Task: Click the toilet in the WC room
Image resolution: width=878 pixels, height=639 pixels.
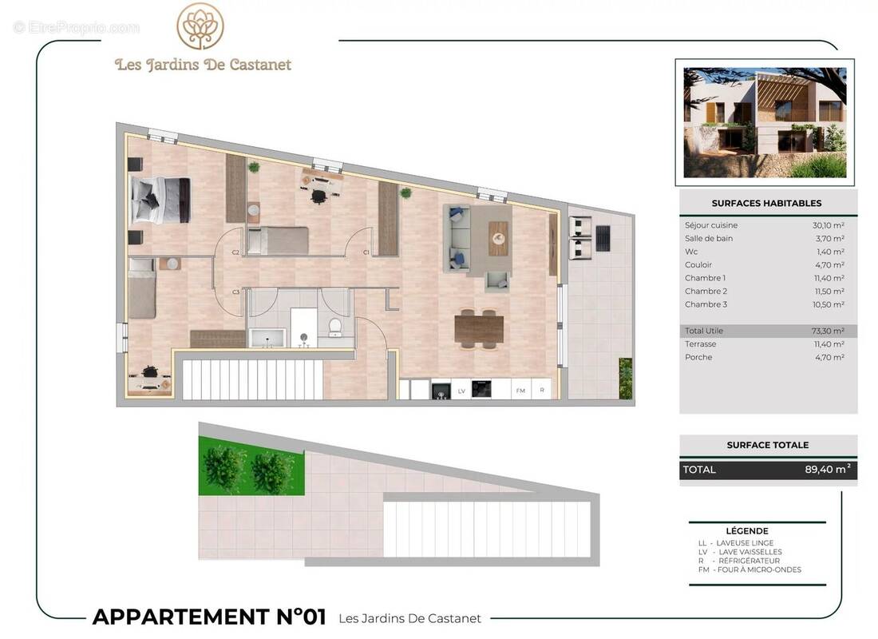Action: [335, 327]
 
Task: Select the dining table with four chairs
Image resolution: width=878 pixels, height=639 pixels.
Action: [479, 327]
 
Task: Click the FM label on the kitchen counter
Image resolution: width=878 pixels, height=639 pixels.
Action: [520, 391]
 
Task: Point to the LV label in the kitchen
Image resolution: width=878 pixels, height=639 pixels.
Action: [461, 391]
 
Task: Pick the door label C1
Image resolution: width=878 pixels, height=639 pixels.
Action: [366, 252]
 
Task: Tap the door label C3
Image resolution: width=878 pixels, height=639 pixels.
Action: [236, 292]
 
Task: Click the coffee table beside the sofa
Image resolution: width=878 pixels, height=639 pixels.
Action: [498, 237]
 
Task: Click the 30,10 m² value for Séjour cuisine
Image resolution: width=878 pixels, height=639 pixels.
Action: [828, 225]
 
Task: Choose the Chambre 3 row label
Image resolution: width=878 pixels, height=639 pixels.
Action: [706, 304]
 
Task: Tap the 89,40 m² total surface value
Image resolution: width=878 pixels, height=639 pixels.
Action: [827, 470]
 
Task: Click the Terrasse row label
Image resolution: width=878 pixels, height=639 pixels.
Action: [700, 344]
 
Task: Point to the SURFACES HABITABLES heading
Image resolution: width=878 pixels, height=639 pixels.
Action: [766, 203]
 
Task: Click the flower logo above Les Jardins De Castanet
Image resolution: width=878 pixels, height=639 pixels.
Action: [200, 27]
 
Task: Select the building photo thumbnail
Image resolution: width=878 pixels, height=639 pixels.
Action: [765, 121]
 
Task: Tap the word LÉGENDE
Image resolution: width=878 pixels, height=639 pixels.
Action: [747, 531]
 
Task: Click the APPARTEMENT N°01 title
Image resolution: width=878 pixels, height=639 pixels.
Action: [209, 617]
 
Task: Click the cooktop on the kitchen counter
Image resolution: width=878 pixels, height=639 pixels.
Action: [481, 389]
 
